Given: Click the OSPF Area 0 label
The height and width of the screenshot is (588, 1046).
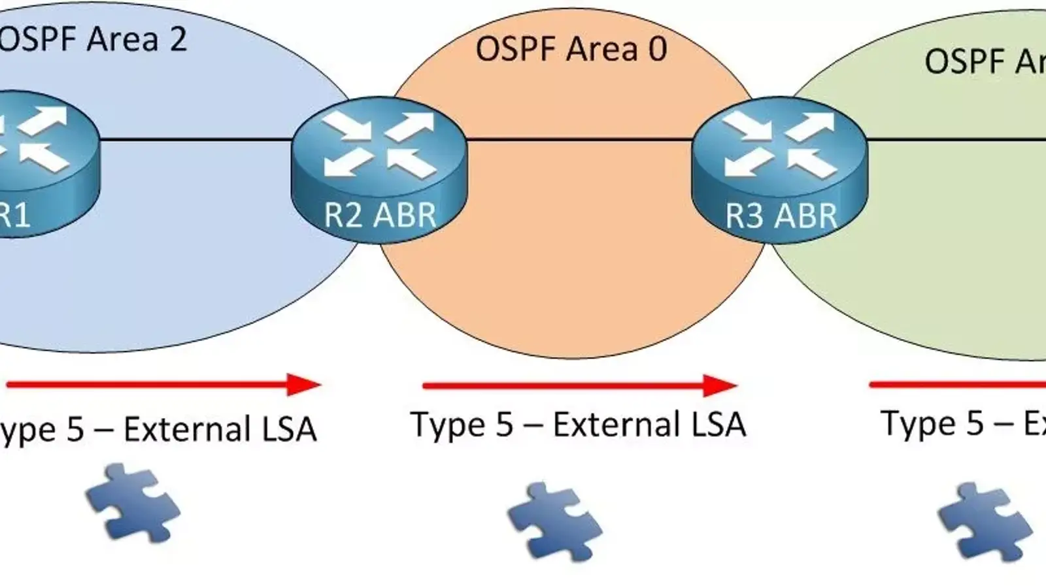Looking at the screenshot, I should coord(571,49).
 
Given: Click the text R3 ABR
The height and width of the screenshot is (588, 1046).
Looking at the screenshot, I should coord(781,216).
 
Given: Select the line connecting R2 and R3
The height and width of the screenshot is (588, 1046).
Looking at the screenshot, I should coord(579,139).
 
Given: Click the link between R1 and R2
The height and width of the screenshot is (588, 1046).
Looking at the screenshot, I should coord(196,139).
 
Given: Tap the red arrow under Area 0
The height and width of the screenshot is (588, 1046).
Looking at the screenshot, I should coord(562,385).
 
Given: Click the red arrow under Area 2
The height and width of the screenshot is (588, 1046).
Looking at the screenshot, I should coord(150,385).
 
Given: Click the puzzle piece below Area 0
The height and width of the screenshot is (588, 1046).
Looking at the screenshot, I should coord(554,521).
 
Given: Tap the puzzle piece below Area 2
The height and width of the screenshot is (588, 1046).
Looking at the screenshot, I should coord(133,502).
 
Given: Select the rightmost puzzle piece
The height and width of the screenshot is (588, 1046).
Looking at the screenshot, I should coord(985,521).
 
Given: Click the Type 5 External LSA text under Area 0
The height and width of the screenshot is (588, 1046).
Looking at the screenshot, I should coord(578,425).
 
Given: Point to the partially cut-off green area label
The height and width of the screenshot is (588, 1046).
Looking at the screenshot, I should coord(984,61).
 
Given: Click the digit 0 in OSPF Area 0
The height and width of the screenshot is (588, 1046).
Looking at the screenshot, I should coord(657,49).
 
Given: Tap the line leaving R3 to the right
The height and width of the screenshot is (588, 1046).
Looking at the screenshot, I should coord(954,139).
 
